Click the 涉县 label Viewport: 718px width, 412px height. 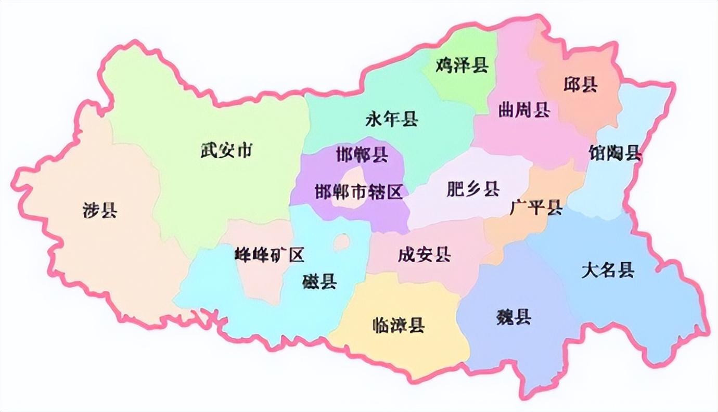click(x=100, y=211)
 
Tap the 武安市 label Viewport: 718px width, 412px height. click(x=226, y=151)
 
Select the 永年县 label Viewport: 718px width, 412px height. click(x=392, y=121)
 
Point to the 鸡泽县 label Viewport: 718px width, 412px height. click(x=462, y=66)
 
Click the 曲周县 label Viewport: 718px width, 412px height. click(x=524, y=110)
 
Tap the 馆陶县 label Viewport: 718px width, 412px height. click(x=614, y=153)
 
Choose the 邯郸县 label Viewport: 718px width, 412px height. click(x=362, y=155)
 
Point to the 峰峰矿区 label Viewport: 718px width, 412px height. click(x=270, y=255)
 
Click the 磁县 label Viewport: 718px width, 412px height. click(x=319, y=281)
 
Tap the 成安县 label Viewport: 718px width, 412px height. click(x=424, y=255)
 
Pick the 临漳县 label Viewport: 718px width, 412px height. click(x=399, y=325)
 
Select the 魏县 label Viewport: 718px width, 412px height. click(x=514, y=317)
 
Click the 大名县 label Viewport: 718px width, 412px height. click(x=608, y=270)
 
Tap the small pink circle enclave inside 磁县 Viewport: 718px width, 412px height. click(x=342, y=241)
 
